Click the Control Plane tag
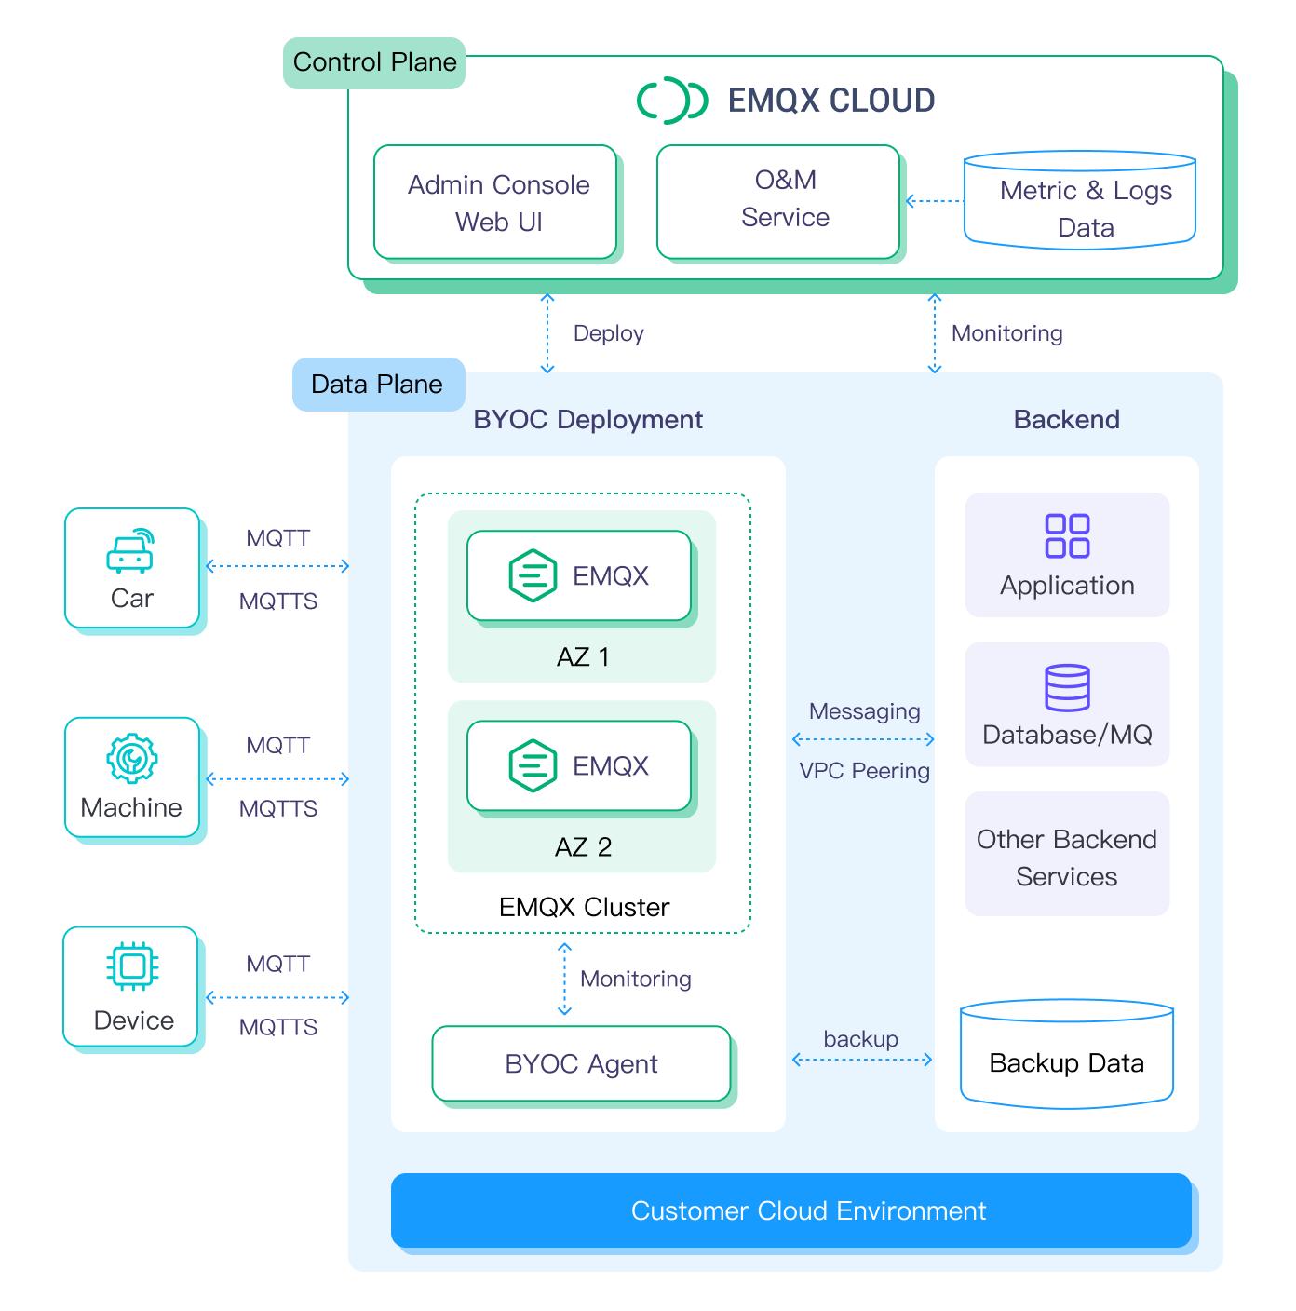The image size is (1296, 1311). [x=374, y=62]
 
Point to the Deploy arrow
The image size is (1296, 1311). [x=547, y=333]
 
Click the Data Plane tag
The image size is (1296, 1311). [x=378, y=385]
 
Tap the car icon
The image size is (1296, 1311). [x=130, y=551]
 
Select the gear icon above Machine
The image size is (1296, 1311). [x=132, y=758]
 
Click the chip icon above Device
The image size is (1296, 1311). [x=132, y=966]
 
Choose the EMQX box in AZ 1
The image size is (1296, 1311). [x=579, y=575]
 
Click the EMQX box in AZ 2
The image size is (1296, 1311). [x=579, y=765]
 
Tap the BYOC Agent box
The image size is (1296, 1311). [x=581, y=1063]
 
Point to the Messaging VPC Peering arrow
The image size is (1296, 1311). [x=863, y=739]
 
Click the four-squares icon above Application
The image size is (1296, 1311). [x=1067, y=535]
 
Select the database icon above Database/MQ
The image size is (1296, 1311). [x=1067, y=688]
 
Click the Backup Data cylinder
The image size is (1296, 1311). [x=1067, y=1056]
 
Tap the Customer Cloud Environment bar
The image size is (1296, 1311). [x=791, y=1210]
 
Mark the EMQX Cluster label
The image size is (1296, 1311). [x=584, y=907]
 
